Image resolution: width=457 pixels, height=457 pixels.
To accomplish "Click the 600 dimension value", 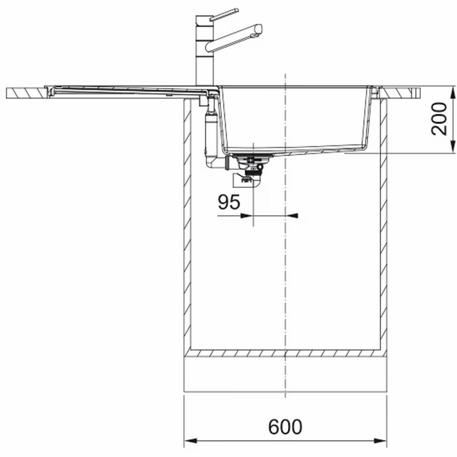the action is (285, 427).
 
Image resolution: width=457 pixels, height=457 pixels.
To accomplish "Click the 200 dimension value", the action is (439, 119).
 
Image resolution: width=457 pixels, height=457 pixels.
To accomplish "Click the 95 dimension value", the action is (229, 202).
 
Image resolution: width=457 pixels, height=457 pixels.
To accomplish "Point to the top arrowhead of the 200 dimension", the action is (453, 93).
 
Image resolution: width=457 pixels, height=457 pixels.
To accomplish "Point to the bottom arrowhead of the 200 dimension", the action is (453, 146).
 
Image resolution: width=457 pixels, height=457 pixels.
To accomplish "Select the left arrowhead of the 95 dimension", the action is (247, 216).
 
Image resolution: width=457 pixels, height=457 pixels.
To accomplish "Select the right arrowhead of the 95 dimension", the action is (292, 216).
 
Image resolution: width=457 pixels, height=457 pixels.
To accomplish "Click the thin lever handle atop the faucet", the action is (224, 15).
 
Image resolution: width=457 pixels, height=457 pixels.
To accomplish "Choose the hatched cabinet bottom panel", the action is (285, 353).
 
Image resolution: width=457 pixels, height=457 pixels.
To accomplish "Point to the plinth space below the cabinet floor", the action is (285, 375).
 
